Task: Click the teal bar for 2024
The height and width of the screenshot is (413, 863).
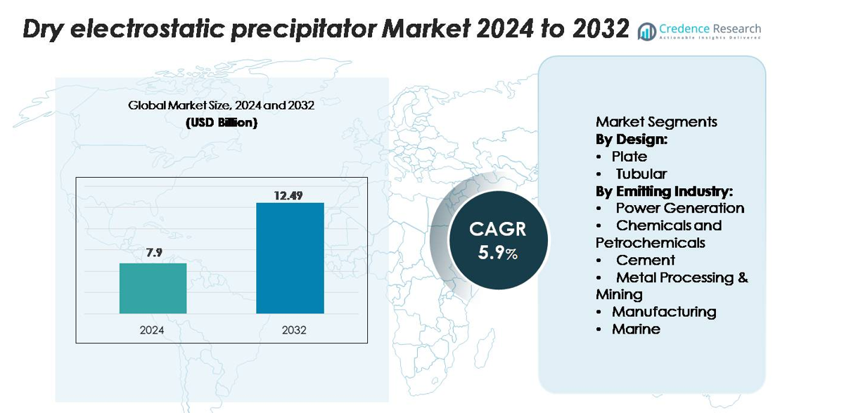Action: coord(153,288)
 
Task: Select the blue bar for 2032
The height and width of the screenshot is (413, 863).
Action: coord(290,258)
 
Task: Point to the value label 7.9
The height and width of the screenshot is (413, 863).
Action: coord(154,253)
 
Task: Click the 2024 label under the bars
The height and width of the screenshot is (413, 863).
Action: coord(152,329)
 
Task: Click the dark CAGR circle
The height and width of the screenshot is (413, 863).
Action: coord(498,241)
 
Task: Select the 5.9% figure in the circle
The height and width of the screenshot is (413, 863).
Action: coord(498,253)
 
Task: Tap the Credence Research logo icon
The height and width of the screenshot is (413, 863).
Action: coord(646,32)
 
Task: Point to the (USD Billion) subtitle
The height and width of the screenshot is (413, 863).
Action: coord(221,122)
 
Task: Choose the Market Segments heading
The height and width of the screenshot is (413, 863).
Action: coord(656,122)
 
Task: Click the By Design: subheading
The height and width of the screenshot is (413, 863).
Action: coord(632,139)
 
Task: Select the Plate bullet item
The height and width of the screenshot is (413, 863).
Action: coord(629,156)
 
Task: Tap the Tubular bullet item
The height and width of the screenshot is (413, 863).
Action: coord(641,173)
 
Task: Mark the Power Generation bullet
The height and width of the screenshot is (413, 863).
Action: coord(679,208)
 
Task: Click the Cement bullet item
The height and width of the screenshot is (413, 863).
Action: coord(645,260)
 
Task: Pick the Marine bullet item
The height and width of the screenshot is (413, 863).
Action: coord(636,329)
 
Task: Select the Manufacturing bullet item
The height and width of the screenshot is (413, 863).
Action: coord(663,311)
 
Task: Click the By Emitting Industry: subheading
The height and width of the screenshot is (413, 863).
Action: coord(664,190)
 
